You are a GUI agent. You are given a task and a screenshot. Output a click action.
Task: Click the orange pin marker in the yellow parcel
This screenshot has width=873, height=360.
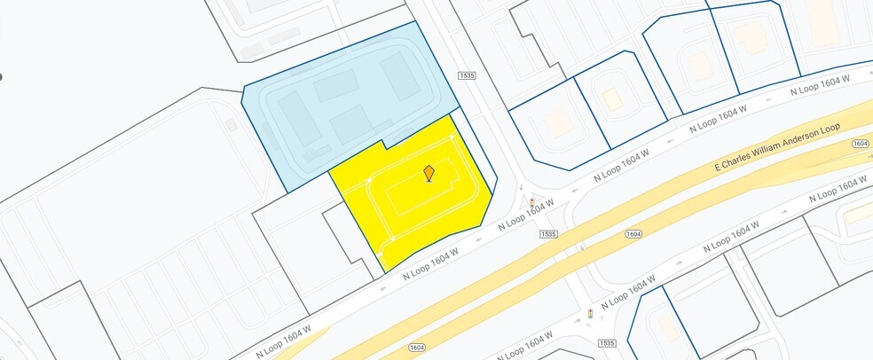(x=429, y=173)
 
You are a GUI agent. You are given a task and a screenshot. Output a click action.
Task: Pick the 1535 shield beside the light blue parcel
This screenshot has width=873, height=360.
(x=467, y=76)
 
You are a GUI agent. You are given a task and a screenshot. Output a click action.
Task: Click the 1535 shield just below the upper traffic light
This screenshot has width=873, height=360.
(x=547, y=234)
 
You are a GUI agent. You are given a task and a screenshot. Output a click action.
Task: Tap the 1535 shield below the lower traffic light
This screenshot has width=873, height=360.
(x=607, y=342)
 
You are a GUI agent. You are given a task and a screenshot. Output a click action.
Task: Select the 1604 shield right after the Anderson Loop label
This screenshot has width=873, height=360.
(x=859, y=144)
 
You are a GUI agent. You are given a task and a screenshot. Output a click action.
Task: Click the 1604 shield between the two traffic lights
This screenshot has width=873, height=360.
(x=633, y=234)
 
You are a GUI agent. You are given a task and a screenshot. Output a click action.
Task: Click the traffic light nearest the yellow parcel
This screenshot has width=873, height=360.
(x=531, y=203)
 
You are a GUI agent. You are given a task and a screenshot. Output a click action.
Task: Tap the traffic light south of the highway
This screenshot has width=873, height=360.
(x=591, y=314)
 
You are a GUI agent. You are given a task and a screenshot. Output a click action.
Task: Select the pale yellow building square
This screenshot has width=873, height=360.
(x=612, y=98)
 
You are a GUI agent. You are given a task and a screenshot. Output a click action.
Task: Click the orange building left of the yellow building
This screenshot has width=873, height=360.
(x=560, y=122)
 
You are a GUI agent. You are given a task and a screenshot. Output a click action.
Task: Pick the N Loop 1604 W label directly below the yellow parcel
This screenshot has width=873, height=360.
(x=430, y=263)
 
